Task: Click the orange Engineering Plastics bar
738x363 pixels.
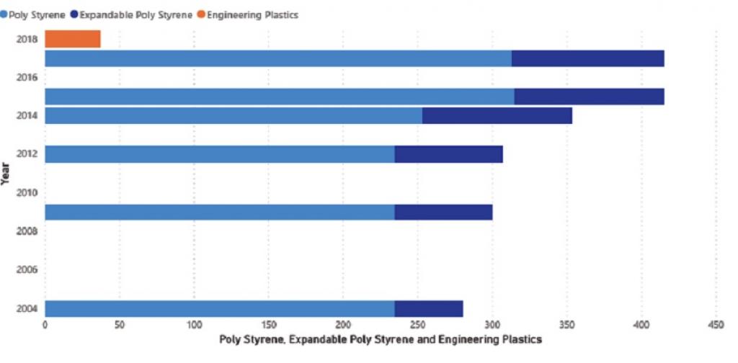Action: tap(73, 39)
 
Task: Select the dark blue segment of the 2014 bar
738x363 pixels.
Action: tap(497, 115)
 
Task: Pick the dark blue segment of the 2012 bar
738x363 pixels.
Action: tap(448, 154)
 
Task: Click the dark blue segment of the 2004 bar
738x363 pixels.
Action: tap(429, 308)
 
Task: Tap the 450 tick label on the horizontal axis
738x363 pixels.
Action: tap(716, 325)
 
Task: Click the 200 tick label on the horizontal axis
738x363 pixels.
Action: tap(343, 325)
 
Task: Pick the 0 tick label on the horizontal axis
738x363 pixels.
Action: tap(45, 325)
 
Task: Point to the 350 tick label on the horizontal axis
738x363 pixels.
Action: tap(567, 325)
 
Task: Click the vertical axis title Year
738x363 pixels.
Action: tap(6, 174)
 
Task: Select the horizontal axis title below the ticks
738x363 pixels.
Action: tap(381, 339)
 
